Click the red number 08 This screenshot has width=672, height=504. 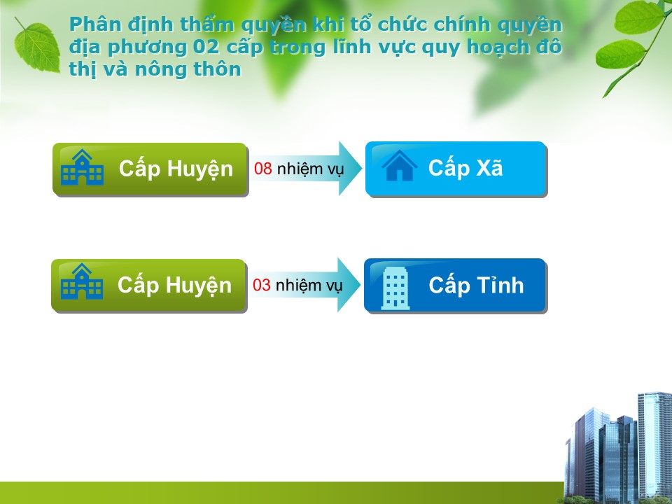[262, 169]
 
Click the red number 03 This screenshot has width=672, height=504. [261, 285]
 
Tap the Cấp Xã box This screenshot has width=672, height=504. [456, 169]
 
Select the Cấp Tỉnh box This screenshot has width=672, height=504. [455, 286]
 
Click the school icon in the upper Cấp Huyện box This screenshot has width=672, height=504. [83, 167]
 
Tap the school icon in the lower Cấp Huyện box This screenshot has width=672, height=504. [81, 281]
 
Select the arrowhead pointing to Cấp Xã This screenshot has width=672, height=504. [350, 169]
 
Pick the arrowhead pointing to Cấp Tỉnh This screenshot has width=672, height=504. [349, 285]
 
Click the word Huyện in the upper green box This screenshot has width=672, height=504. [199, 169]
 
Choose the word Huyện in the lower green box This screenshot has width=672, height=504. [198, 286]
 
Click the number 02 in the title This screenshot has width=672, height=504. [206, 47]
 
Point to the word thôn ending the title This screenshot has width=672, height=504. [217, 69]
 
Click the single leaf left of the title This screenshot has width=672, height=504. [37, 47]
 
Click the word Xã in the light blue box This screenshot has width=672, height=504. [489, 167]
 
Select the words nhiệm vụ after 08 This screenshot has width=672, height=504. [310, 169]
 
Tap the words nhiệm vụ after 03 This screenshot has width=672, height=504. [309, 286]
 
